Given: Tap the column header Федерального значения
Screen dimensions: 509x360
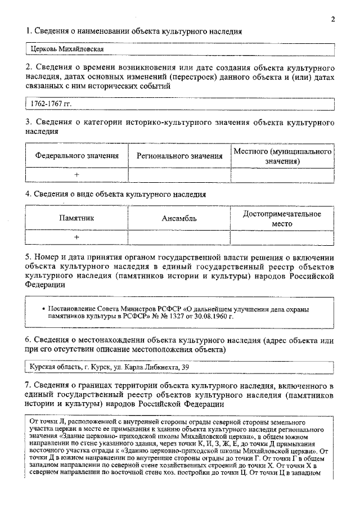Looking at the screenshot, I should [x=77, y=156].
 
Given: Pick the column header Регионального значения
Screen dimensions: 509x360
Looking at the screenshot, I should [x=179, y=156].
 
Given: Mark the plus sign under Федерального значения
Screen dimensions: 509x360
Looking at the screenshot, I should [x=77, y=175].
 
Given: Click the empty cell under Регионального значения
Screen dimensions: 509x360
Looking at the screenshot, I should [x=179, y=175].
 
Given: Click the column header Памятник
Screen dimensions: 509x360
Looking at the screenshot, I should [x=77, y=218].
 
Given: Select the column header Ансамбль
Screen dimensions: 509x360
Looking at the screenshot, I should [x=179, y=218].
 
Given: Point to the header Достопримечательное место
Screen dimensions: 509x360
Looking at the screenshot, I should [x=282, y=218].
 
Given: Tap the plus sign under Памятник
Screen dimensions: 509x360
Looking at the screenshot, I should [x=77, y=237].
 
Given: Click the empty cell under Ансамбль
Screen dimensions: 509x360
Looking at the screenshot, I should [x=179, y=237].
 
